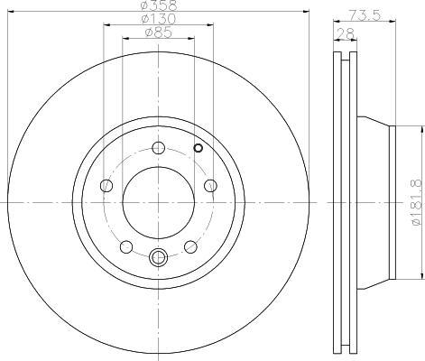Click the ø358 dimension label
[160, 5]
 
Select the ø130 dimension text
[159, 19]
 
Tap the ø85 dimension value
[159, 32]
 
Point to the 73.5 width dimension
[365, 14]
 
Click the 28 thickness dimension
[346, 33]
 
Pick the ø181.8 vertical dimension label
[419, 202]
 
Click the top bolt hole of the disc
[159, 148]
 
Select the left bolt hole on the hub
[106, 185]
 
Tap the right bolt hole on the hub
[210, 185]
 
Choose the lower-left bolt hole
[126, 246]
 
